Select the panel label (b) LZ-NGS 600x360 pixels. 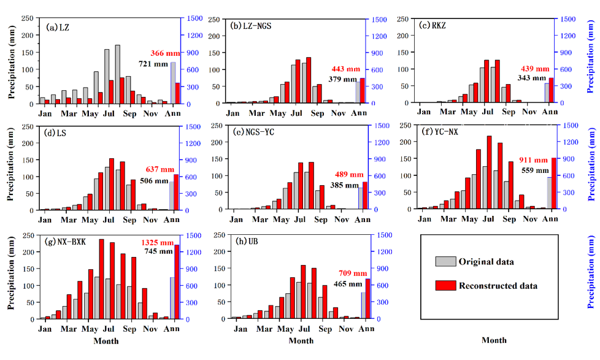(x=252, y=26)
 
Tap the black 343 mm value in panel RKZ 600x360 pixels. (x=531, y=78)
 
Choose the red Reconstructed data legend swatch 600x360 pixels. (x=445, y=285)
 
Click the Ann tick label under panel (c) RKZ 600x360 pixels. (x=550, y=112)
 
